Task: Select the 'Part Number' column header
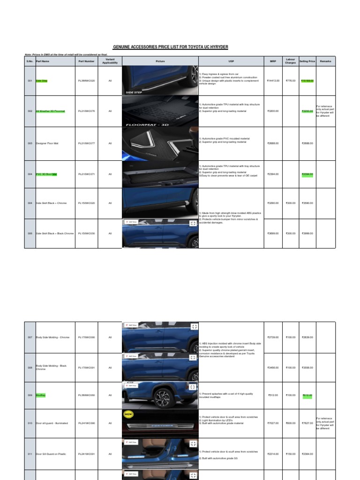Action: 86,61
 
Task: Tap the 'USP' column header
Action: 231,61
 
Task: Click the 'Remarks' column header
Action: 325,61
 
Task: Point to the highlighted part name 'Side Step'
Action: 42,81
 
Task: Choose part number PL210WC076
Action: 86,111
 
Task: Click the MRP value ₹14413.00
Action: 273,81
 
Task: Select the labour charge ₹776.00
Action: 290,81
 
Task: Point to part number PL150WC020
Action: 86,203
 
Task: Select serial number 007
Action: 30,337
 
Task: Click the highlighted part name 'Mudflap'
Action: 41,395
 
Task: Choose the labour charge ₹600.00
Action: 290,423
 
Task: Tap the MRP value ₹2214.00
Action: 273,454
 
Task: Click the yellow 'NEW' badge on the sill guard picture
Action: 128,414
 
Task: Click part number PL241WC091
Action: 86,454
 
